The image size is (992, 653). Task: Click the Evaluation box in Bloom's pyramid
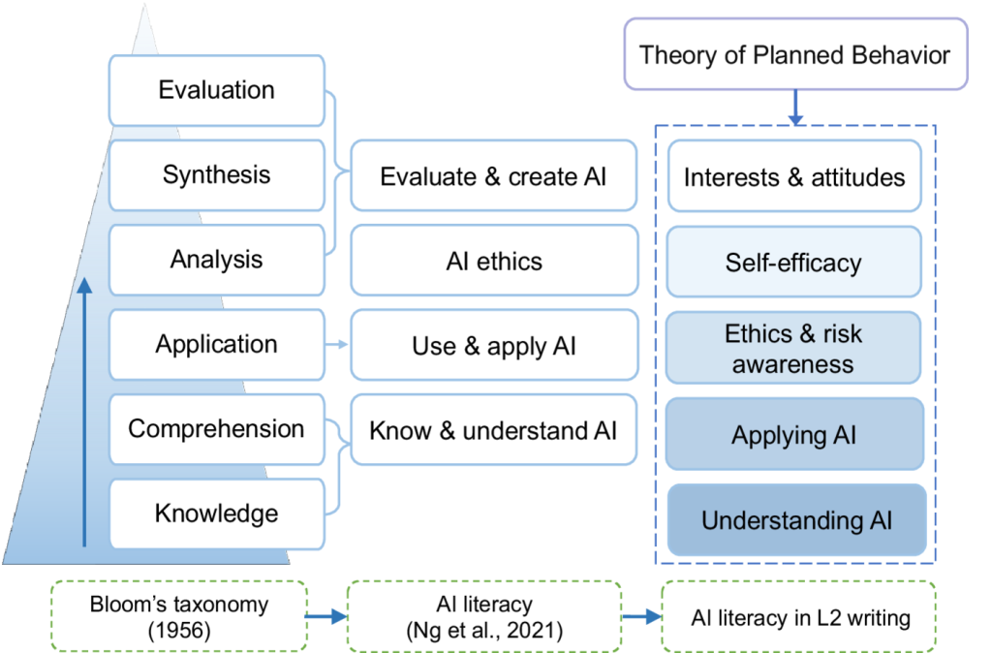pos(217,91)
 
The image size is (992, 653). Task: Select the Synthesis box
pos(217,175)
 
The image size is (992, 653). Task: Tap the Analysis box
pos(217,260)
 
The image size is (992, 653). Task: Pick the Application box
pos(217,345)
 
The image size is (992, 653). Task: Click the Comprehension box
pos(217,429)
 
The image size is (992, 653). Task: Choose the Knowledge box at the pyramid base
pos(217,513)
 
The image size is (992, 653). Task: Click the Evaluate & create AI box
pos(493,176)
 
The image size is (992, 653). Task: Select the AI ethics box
pos(493,261)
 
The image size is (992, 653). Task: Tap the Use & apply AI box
pos(493,345)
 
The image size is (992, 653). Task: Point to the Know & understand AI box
pos(493,430)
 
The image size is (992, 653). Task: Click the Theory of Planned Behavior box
pos(795,54)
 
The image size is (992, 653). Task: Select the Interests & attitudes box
pos(794,177)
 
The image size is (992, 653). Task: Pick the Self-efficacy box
pos(794,263)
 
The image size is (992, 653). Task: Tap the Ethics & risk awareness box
pos(794,349)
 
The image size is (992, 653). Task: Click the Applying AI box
pos(794,434)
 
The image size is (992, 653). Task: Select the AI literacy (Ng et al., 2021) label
pos(482,614)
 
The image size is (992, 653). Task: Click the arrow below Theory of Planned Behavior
pos(795,108)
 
